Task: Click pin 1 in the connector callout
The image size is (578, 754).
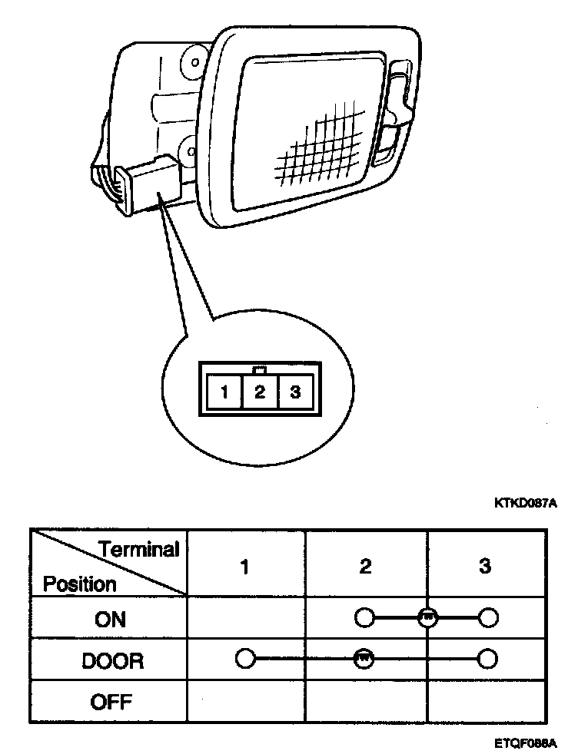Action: pyautogui.click(x=224, y=393)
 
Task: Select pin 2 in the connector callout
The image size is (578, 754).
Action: pyautogui.click(x=260, y=393)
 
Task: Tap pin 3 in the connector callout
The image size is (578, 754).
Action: pyautogui.click(x=294, y=393)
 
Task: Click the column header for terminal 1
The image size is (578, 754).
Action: pyautogui.click(x=244, y=567)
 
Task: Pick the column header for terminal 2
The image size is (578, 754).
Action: pyautogui.click(x=365, y=567)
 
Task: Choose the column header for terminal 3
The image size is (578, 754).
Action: pyautogui.click(x=485, y=567)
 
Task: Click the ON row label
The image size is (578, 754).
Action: pyautogui.click(x=110, y=620)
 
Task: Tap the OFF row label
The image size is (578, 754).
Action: pyautogui.click(x=111, y=702)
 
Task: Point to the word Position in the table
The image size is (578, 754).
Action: pyautogui.click(x=80, y=584)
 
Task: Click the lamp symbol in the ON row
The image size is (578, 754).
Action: pyautogui.click(x=428, y=617)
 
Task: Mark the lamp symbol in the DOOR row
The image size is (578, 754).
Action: pyautogui.click(x=364, y=658)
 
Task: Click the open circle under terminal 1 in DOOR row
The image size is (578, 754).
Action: pyautogui.click(x=245, y=658)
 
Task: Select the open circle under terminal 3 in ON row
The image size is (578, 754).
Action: pyautogui.click(x=487, y=617)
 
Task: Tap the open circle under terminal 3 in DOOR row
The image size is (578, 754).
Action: pyautogui.click(x=487, y=658)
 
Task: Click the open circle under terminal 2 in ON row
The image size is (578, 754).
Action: pyautogui.click(x=364, y=617)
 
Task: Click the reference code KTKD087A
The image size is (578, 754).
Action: pyautogui.click(x=526, y=504)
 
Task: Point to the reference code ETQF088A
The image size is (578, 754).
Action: pyautogui.click(x=526, y=743)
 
